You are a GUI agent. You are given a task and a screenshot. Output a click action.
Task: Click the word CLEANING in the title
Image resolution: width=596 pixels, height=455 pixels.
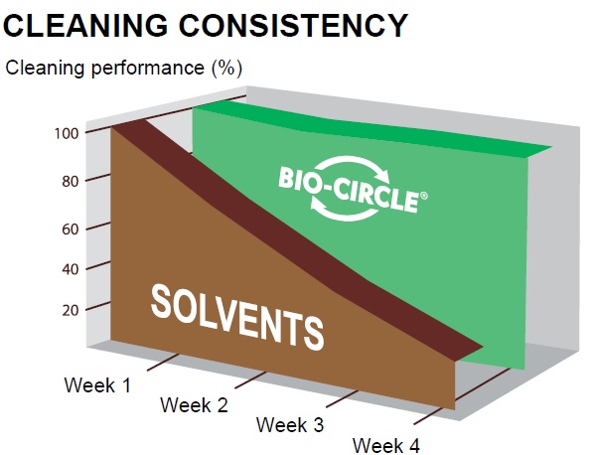click(85, 25)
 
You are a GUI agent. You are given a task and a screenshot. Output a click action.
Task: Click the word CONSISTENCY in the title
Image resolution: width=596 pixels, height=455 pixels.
click(293, 25)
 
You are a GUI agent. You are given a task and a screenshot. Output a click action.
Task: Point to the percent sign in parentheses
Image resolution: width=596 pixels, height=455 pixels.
click(226, 69)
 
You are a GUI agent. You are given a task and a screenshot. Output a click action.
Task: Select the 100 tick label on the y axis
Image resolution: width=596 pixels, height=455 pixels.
click(67, 134)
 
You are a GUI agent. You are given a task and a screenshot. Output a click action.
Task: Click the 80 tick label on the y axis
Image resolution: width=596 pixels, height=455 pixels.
click(71, 182)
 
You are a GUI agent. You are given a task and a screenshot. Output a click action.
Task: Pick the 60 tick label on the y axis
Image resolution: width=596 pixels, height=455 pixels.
click(71, 229)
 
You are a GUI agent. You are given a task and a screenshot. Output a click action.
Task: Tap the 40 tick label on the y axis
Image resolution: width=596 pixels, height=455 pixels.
click(71, 269)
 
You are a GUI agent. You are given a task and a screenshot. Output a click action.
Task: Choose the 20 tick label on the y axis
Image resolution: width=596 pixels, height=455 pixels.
click(71, 311)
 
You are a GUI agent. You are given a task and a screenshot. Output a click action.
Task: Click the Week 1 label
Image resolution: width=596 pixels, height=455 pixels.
click(97, 385)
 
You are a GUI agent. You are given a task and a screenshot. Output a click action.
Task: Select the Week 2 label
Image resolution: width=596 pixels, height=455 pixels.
click(194, 405)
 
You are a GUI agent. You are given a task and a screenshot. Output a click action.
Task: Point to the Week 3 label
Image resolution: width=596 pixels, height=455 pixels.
click(290, 425)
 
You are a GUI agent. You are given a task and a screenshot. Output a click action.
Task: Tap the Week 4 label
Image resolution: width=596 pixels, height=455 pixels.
click(386, 445)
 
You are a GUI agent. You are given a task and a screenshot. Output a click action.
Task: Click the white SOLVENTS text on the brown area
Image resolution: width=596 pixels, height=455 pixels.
click(237, 318)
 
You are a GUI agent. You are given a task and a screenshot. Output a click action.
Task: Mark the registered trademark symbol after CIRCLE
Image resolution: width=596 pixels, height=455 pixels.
click(424, 196)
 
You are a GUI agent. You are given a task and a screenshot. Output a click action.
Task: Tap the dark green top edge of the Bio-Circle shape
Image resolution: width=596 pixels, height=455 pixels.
click(372, 128)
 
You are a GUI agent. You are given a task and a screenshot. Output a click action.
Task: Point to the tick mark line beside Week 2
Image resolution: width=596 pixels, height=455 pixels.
click(250, 380)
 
